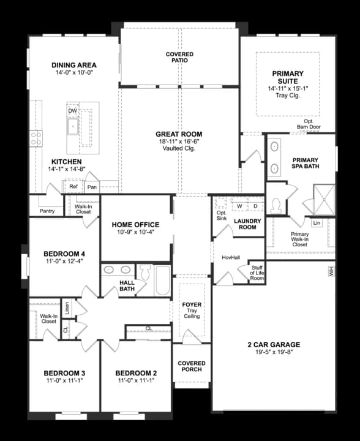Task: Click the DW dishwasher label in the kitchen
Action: [x=72, y=111]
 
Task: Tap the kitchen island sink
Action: [x=73, y=127]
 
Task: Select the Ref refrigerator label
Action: [x=73, y=186]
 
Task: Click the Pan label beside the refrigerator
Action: [x=92, y=187]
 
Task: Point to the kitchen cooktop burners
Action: [x=36, y=138]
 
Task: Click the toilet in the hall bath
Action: [x=145, y=272]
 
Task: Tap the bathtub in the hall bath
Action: [x=163, y=280]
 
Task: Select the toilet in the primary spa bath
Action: [x=276, y=206]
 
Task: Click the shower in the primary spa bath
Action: [x=324, y=200]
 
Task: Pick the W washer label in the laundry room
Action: [x=239, y=206]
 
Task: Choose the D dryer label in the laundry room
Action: [x=255, y=206]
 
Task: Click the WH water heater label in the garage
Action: [x=331, y=271]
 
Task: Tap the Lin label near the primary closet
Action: [x=317, y=223]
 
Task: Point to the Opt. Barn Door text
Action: [x=309, y=124]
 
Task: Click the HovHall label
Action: [x=231, y=257]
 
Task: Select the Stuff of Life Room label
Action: [x=257, y=273]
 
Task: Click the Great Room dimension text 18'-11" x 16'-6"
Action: [x=179, y=141]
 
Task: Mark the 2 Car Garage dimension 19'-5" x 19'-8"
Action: [x=274, y=352]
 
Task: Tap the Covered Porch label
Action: [x=192, y=366]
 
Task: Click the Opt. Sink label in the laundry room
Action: [x=222, y=216]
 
